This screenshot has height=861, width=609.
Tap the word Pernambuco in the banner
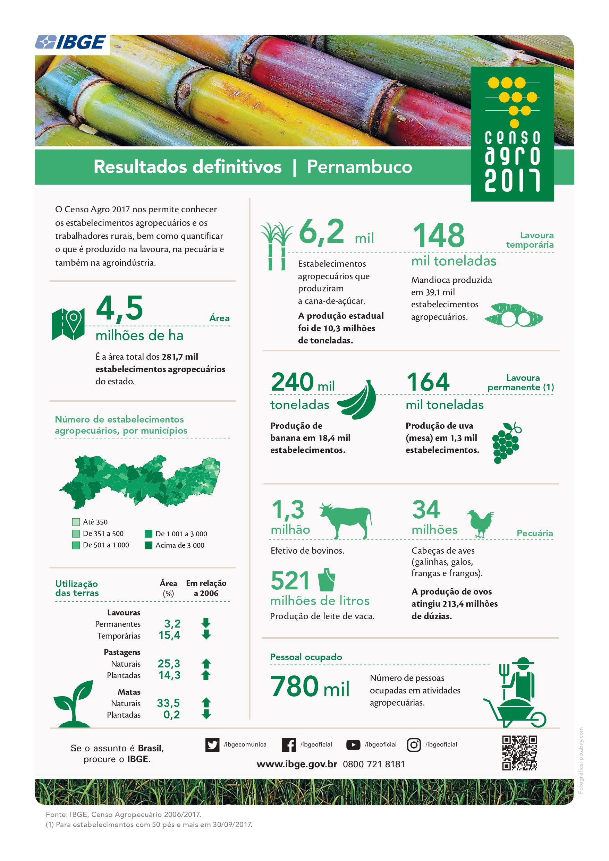(x=359, y=167)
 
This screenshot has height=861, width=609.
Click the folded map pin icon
(x=68, y=324)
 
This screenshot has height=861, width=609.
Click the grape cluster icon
(x=506, y=443)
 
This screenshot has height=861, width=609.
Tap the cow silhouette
(x=346, y=519)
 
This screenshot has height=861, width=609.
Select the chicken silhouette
(x=480, y=523)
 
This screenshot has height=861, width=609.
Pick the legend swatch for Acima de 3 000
(x=149, y=545)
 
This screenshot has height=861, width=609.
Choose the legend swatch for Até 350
(x=76, y=522)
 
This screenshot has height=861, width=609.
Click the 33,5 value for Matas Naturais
(x=169, y=703)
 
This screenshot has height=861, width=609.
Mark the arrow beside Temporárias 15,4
(x=206, y=635)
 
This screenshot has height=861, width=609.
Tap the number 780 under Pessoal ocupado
(x=294, y=686)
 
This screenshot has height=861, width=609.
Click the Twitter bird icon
(x=212, y=745)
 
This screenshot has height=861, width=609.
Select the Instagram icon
(x=414, y=745)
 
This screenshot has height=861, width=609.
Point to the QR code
(x=519, y=753)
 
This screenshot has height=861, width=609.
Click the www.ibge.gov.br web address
(x=297, y=764)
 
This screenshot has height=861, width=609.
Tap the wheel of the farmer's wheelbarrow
(x=538, y=719)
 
